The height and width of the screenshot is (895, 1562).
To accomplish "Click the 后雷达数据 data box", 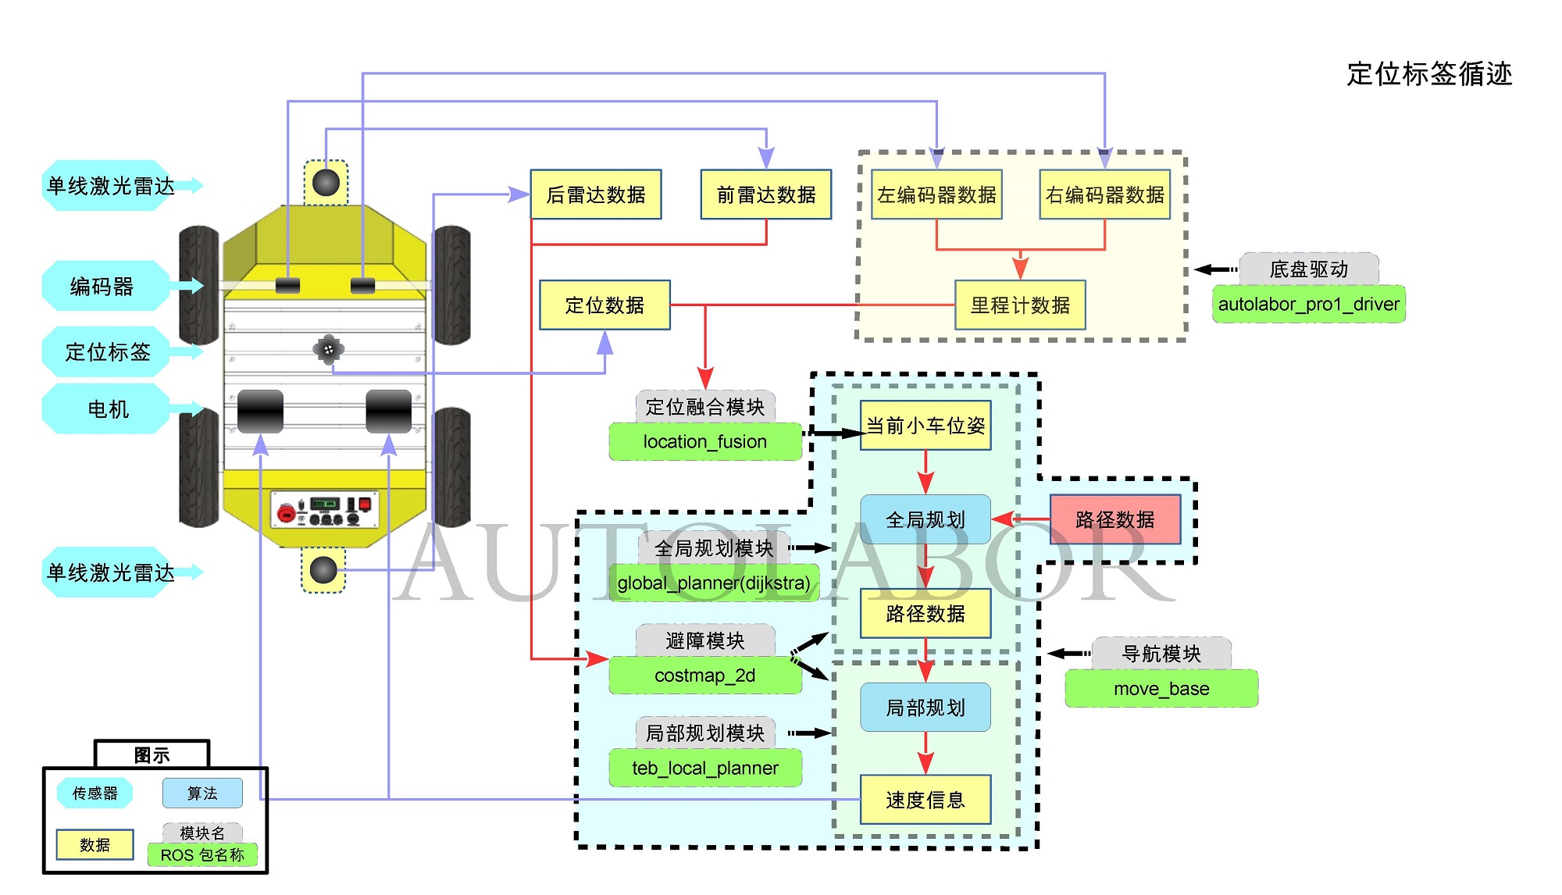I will click(596, 194).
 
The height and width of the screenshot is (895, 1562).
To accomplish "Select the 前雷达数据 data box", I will click(766, 194).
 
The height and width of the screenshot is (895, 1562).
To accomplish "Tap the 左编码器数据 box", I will click(936, 194).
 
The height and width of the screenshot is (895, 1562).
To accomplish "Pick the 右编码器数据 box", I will click(1104, 194).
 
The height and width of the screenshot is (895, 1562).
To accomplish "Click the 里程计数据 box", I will click(1020, 305).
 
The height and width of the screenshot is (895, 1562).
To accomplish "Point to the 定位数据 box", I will click(604, 305).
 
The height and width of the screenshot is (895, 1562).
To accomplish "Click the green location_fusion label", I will click(705, 442).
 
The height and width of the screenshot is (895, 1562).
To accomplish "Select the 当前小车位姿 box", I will click(925, 426).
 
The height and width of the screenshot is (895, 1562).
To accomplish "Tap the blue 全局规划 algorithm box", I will click(925, 519).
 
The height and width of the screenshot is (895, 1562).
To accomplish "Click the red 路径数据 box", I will click(1114, 519).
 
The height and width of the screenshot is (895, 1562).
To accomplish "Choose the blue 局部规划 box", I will click(925, 708).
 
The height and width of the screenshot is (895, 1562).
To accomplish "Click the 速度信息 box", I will click(925, 800).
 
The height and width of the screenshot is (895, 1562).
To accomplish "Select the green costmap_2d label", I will click(705, 676).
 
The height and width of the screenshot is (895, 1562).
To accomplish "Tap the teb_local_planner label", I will click(705, 768).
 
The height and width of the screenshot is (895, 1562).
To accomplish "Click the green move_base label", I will click(1161, 689).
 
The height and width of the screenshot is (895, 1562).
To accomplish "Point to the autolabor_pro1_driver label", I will click(1308, 305).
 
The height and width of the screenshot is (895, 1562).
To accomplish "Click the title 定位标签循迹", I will click(1429, 74).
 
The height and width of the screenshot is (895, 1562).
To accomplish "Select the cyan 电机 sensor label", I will click(108, 409).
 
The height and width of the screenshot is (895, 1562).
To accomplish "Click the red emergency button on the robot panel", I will click(287, 514).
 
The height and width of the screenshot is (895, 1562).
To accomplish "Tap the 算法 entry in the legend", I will click(202, 793).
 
